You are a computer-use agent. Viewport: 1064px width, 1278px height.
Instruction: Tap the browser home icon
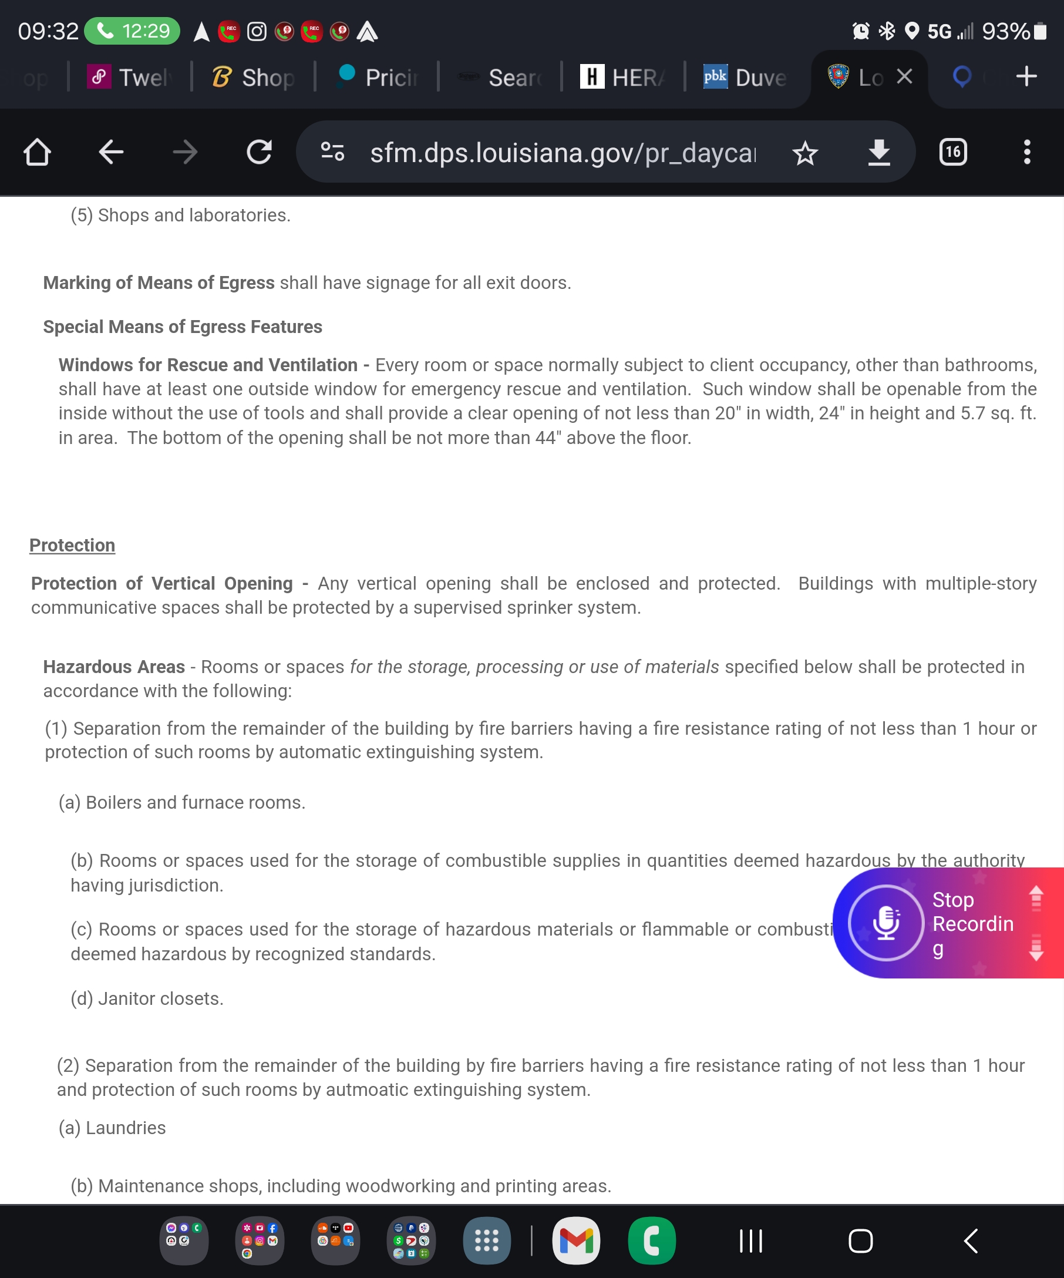coord(37,152)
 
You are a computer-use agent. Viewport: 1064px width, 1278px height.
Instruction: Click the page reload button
coord(259,152)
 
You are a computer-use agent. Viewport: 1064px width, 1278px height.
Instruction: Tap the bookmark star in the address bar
coord(805,153)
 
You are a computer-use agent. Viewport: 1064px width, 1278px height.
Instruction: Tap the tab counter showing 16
coord(952,152)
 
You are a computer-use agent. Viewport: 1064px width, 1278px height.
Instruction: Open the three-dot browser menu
coord(1027,152)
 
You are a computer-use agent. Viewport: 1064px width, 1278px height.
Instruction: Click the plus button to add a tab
coord(1026,77)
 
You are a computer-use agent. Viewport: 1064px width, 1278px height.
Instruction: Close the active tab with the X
coord(905,77)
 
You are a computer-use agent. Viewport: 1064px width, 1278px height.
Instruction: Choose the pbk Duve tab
coord(745,78)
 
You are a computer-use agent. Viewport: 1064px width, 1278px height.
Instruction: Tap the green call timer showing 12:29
coord(132,31)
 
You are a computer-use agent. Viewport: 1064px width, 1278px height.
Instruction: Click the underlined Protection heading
coord(72,545)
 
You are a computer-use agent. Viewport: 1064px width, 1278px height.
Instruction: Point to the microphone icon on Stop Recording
coord(885,923)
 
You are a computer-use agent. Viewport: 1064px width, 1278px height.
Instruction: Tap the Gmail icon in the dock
coord(575,1241)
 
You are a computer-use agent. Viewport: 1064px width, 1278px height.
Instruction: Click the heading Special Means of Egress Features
coord(183,327)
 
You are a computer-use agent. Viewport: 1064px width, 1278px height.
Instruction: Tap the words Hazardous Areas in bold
coord(114,667)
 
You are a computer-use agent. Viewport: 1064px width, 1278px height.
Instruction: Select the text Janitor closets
coord(161,998)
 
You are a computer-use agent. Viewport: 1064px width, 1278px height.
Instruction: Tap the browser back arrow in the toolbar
coord(111,152)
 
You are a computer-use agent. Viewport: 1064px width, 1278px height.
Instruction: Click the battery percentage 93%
coord(1006,31)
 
